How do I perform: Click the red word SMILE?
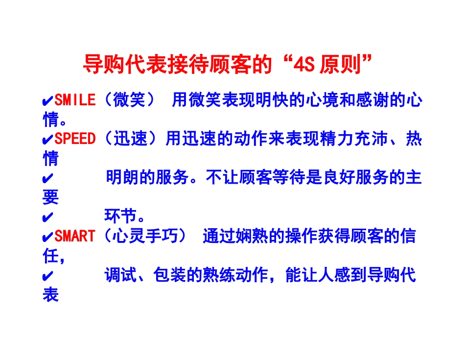(75, 100)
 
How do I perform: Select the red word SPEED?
(75, 139)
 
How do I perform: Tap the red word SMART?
(75, 237)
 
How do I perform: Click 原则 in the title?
(340, 64)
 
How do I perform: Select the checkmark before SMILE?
(48, 101)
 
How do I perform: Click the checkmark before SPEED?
(48, 140)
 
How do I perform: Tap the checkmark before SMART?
(48, 237)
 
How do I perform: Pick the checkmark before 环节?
(48, 217)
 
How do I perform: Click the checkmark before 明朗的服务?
(48, 178)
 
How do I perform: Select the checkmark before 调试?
(48, 276)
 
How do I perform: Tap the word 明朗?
(122, 178)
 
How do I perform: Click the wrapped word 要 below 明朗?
(50, 197)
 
